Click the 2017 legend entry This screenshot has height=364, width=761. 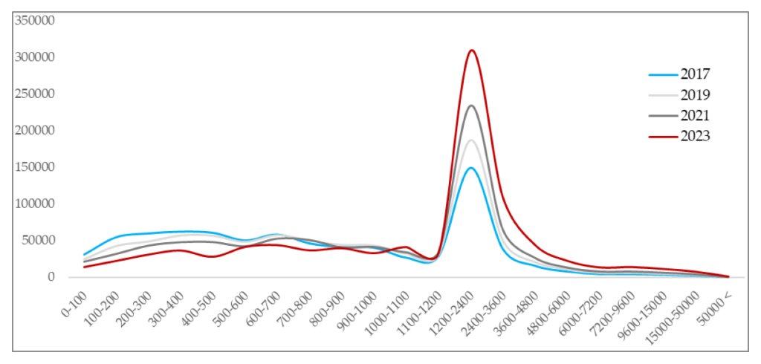695,74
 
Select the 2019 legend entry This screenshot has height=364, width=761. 695,95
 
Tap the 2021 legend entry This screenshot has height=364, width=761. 695,115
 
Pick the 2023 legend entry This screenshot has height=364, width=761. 695,136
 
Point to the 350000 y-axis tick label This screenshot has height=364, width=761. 35,21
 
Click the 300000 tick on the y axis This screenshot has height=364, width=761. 35,57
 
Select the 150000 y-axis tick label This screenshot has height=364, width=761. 35,167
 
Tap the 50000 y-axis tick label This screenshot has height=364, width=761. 38,240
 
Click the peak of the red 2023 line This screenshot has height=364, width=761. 471,51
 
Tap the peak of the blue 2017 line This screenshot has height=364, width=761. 470,168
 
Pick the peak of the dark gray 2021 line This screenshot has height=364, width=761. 471,105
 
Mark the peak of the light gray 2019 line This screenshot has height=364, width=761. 471,140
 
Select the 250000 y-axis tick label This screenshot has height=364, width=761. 35,94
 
